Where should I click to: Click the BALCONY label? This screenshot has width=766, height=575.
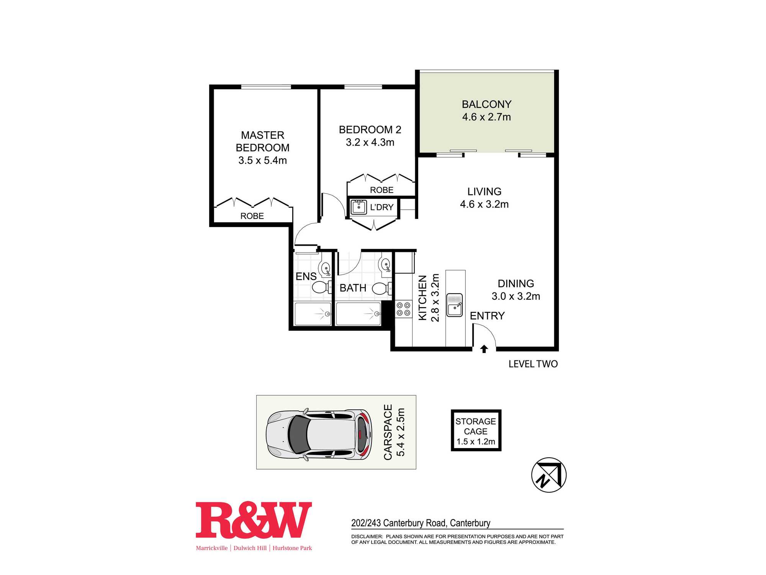pos(486,104)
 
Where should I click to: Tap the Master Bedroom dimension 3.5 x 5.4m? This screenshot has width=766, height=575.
pos(262,160)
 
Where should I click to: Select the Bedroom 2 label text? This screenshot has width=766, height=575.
pos(370,130)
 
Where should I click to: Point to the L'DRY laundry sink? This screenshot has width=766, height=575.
pos(359,207)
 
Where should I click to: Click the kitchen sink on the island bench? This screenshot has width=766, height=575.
pos(455,305)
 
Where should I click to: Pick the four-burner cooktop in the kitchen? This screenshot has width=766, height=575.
pos(403,309)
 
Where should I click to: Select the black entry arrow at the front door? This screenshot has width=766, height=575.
pos(484,349)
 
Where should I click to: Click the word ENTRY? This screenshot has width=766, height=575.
pos(487,316)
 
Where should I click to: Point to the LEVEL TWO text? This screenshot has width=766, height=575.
pos(533,364)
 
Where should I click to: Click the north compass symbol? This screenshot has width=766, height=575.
pos(549,475)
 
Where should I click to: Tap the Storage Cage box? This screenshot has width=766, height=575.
pos(476,430)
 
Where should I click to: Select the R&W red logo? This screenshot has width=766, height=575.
pos(254,520)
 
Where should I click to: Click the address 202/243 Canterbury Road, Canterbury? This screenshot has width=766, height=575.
pos(421,523)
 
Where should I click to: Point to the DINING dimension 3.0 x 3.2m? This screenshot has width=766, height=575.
pos(516,296)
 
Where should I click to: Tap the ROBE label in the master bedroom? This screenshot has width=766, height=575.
pos(252,216)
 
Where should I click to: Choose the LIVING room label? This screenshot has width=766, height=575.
pos(484,192)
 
